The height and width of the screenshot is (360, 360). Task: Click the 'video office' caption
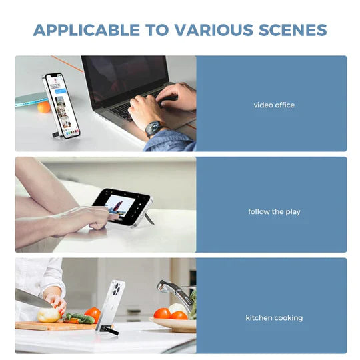pos(274,105)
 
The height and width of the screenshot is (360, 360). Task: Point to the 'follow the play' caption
pos(274,212)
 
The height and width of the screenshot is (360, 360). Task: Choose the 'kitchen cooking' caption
pos(274,318)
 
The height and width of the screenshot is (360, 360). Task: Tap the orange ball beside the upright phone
pos(44,107)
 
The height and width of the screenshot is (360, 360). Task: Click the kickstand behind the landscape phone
pos(149,218)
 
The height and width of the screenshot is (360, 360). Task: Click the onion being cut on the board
pos(48,315)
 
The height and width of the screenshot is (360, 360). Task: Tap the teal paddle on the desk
pos(30,99)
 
